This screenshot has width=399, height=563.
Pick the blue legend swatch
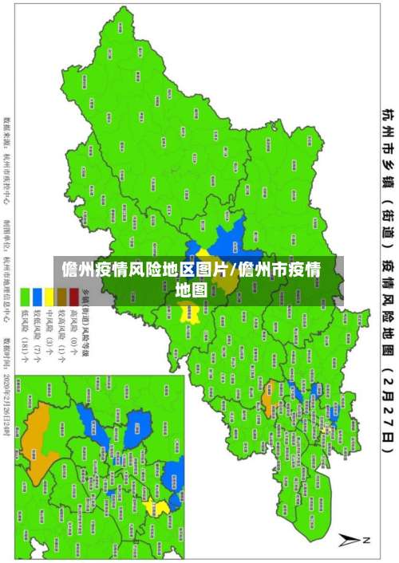[x=38, y=297]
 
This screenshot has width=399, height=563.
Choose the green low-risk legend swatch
[x=26, y=297]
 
